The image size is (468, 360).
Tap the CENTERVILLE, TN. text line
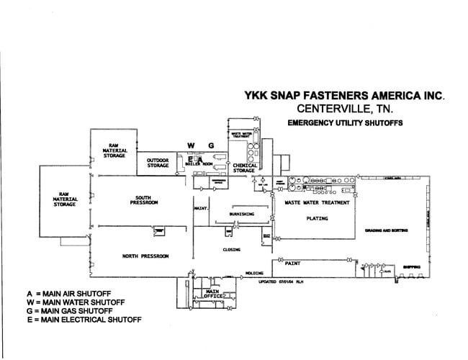(340, 109)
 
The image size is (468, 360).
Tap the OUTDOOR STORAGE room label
(157, 163)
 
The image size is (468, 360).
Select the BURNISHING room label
(241, 215)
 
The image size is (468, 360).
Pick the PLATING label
(317, 217)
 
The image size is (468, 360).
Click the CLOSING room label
(231, 249)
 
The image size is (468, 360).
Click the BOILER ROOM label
(196, 164)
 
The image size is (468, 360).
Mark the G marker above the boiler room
(211, 145)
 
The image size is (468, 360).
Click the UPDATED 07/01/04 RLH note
(282, 282)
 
